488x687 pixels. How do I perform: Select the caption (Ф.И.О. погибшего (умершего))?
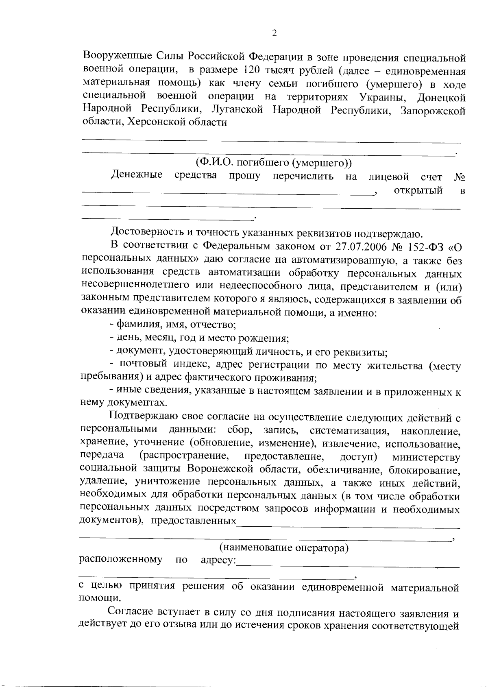click(273, 163)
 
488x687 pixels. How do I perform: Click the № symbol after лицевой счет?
click(459, 177)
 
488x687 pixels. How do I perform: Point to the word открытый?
click(418, 190)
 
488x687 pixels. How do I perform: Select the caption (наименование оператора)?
click(284, 547)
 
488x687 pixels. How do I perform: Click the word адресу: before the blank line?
click(218, 560)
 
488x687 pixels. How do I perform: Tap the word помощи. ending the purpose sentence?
click(99, 598)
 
